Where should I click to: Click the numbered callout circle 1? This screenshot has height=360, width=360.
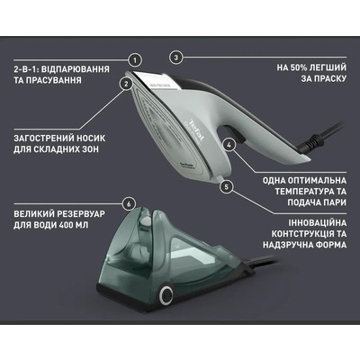[x=134, y=59]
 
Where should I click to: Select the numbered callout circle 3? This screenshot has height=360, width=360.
[x=176, y=57]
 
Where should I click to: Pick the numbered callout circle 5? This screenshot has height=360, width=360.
[x=227, y=186]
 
